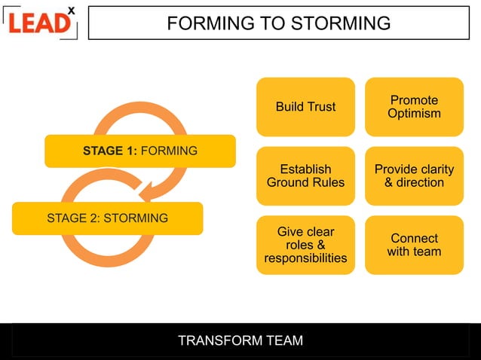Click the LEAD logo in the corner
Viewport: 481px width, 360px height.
pos(39,22)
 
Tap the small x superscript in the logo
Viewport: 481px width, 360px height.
pos(71,11)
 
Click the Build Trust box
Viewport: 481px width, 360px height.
pos(305,106)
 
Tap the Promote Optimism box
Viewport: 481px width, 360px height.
pos(414,106)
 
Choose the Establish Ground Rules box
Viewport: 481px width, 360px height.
pos(305,175)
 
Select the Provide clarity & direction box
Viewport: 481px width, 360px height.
pos(414,175)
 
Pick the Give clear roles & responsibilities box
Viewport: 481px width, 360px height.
pos(305,245)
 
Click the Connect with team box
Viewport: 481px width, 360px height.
pos(414,245)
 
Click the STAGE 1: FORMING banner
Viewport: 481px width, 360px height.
pos(140,151)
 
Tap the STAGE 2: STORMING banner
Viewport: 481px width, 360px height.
pos(107,218)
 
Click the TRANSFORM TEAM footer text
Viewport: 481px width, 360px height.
pos(240,340)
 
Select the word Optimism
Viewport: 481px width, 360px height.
pos(414,114)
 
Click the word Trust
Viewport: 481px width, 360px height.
pos(320,106)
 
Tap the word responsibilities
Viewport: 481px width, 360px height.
pos(305,258)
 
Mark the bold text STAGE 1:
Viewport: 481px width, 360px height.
pos(110,151)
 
